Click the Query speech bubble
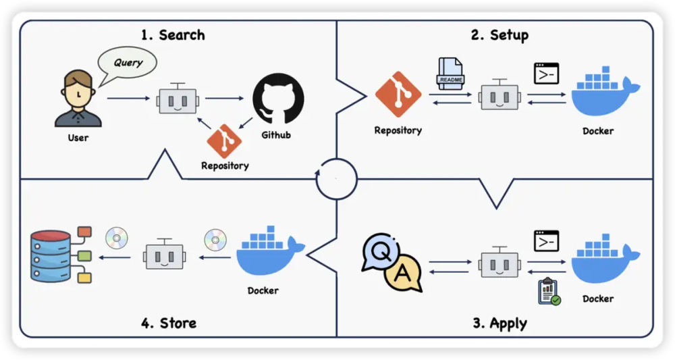click(x=128, y=63)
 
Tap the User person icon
click(x=78, y=100)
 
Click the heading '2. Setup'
click(x=500, y=35)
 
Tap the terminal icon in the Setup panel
click(x=546, y=73)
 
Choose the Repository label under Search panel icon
click(x=225, y=165)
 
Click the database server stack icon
click(x=51, y=257)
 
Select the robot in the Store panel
click(x=163, y=256)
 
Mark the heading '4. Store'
click(x=169, y=323)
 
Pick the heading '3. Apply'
click(x=500, y=323)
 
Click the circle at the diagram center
click(x=336, y=179)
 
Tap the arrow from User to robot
click(x=128, y=99)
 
